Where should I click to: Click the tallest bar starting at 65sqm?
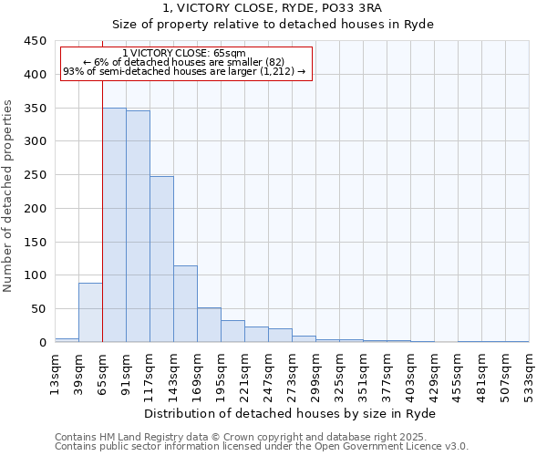[x=114, y=225]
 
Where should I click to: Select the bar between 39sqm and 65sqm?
[x=90, y=313]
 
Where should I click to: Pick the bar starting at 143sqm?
[x=185, y=304]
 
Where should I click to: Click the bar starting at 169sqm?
[x=209, y=325]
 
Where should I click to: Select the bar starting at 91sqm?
[x=138, y=226]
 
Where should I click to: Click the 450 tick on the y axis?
[x=36, y=41]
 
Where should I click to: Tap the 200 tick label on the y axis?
[x=36, y=209]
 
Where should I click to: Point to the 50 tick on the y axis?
[x=39, y=309]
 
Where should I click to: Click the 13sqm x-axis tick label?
[x=55, y=369]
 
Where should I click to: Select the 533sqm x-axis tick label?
[x=529, y=369]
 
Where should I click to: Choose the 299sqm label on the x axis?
[x=315, y=369]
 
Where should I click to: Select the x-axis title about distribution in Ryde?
[x=291, y=413]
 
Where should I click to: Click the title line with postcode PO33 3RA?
[x=273, y=7]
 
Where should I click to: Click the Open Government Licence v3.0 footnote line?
[x=261, y=446]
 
